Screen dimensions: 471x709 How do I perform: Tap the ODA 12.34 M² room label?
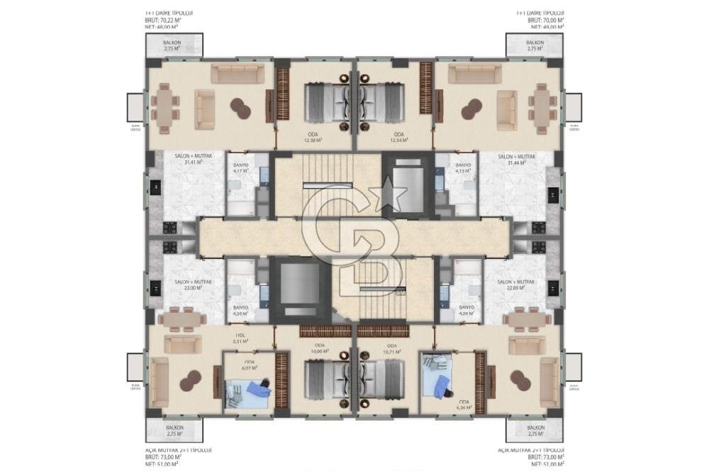coord(398,137)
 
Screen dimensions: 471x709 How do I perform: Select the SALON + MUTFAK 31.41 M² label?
coord(189,159)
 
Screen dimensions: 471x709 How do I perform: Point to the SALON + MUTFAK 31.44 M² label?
coord(515,160)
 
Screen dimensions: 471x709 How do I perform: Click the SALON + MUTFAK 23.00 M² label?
coord(189,285)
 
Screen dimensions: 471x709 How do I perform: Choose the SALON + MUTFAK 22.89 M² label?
coord(515,285)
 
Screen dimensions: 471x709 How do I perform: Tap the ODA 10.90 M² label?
coord(320,348)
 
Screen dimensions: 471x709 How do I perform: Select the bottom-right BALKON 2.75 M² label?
coord(535,431)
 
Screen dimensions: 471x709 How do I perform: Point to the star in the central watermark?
coord(394,194)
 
